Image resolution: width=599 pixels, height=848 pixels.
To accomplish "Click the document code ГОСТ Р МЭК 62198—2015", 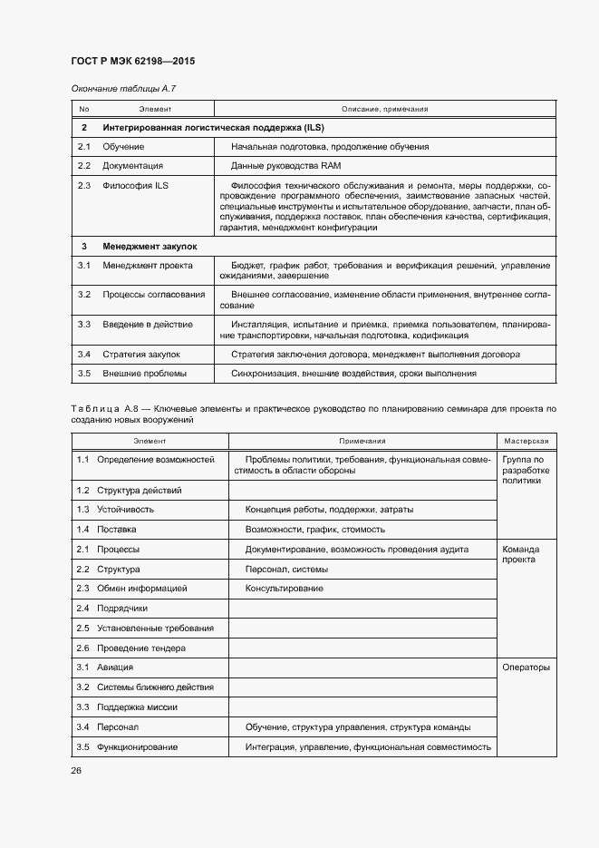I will (x=133, y=62).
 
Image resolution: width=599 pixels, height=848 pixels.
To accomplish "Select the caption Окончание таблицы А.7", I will (x=116, y=88).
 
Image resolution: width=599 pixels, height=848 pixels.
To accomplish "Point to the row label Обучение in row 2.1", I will (x=123, y=146).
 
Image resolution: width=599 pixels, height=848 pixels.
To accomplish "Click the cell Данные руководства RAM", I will (x=285, y=166).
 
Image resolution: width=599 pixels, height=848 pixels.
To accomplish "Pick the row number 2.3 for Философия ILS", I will (x=84, y=186).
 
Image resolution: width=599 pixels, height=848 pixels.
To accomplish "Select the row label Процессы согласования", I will (x=153, y=295).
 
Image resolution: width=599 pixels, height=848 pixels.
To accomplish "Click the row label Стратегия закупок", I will (x=140, y=354).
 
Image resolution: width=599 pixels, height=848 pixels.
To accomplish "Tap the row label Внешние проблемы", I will (x=144, y=374).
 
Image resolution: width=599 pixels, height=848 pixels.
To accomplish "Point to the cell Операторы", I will (x=525, y=668).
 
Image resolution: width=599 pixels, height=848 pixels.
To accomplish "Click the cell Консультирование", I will (x=285, y=589).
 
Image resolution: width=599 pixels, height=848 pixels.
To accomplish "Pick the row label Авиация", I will (x=115, y=668).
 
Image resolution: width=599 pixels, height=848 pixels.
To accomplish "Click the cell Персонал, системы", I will (x=286, y=570).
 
